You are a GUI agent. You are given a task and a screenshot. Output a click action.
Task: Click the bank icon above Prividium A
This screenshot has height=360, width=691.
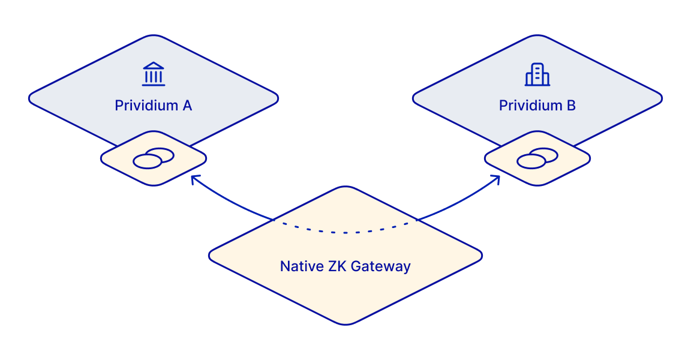[154, 74]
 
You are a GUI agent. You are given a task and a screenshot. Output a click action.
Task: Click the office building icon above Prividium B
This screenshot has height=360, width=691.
[537, 74]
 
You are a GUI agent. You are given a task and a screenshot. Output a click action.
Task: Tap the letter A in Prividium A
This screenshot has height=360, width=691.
[186, 106]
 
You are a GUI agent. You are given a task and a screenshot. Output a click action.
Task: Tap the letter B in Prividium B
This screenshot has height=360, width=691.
[570, 106]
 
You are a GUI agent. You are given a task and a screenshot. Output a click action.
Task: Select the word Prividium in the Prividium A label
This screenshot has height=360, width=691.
[145, 106]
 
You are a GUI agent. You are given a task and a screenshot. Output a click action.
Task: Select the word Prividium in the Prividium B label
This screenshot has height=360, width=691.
[530, 106]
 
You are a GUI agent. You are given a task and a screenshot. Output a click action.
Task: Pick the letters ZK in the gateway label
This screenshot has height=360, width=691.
[337, 266]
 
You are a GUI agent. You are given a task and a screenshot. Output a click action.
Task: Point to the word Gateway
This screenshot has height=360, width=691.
[380, 266]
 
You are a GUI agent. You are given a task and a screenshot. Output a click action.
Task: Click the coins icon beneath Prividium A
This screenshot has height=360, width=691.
[154, 158]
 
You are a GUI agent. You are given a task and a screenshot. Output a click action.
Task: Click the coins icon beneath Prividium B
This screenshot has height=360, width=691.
[537, 158]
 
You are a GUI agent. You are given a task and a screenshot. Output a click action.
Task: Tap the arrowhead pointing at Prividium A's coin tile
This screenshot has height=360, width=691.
[193, 178]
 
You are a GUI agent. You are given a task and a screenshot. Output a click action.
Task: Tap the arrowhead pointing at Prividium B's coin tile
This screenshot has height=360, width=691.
[497, 178]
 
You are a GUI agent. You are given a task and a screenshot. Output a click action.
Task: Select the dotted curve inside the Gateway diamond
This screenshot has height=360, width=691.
[345, 232]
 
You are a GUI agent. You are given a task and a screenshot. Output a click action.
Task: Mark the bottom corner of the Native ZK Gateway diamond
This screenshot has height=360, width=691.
[345, 324]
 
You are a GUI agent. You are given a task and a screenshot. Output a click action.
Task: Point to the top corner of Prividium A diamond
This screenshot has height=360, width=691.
[154, 36]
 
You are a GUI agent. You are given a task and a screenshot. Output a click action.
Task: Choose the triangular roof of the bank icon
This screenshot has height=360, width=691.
[154, 65]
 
